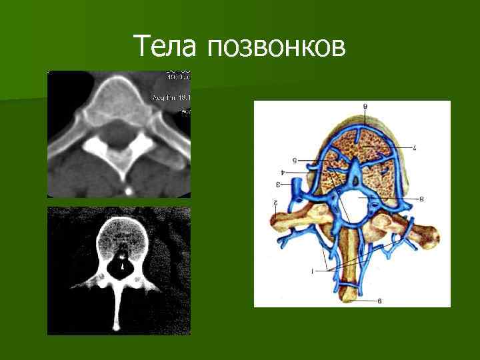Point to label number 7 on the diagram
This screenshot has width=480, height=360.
[x=414, y=145]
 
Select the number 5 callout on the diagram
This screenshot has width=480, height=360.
[x=294, y=160]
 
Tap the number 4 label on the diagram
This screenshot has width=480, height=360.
[x=283, y=172]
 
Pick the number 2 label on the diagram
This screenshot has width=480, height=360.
[x=274, y=201]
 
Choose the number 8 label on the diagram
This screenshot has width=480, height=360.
[x=421, y=198]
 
